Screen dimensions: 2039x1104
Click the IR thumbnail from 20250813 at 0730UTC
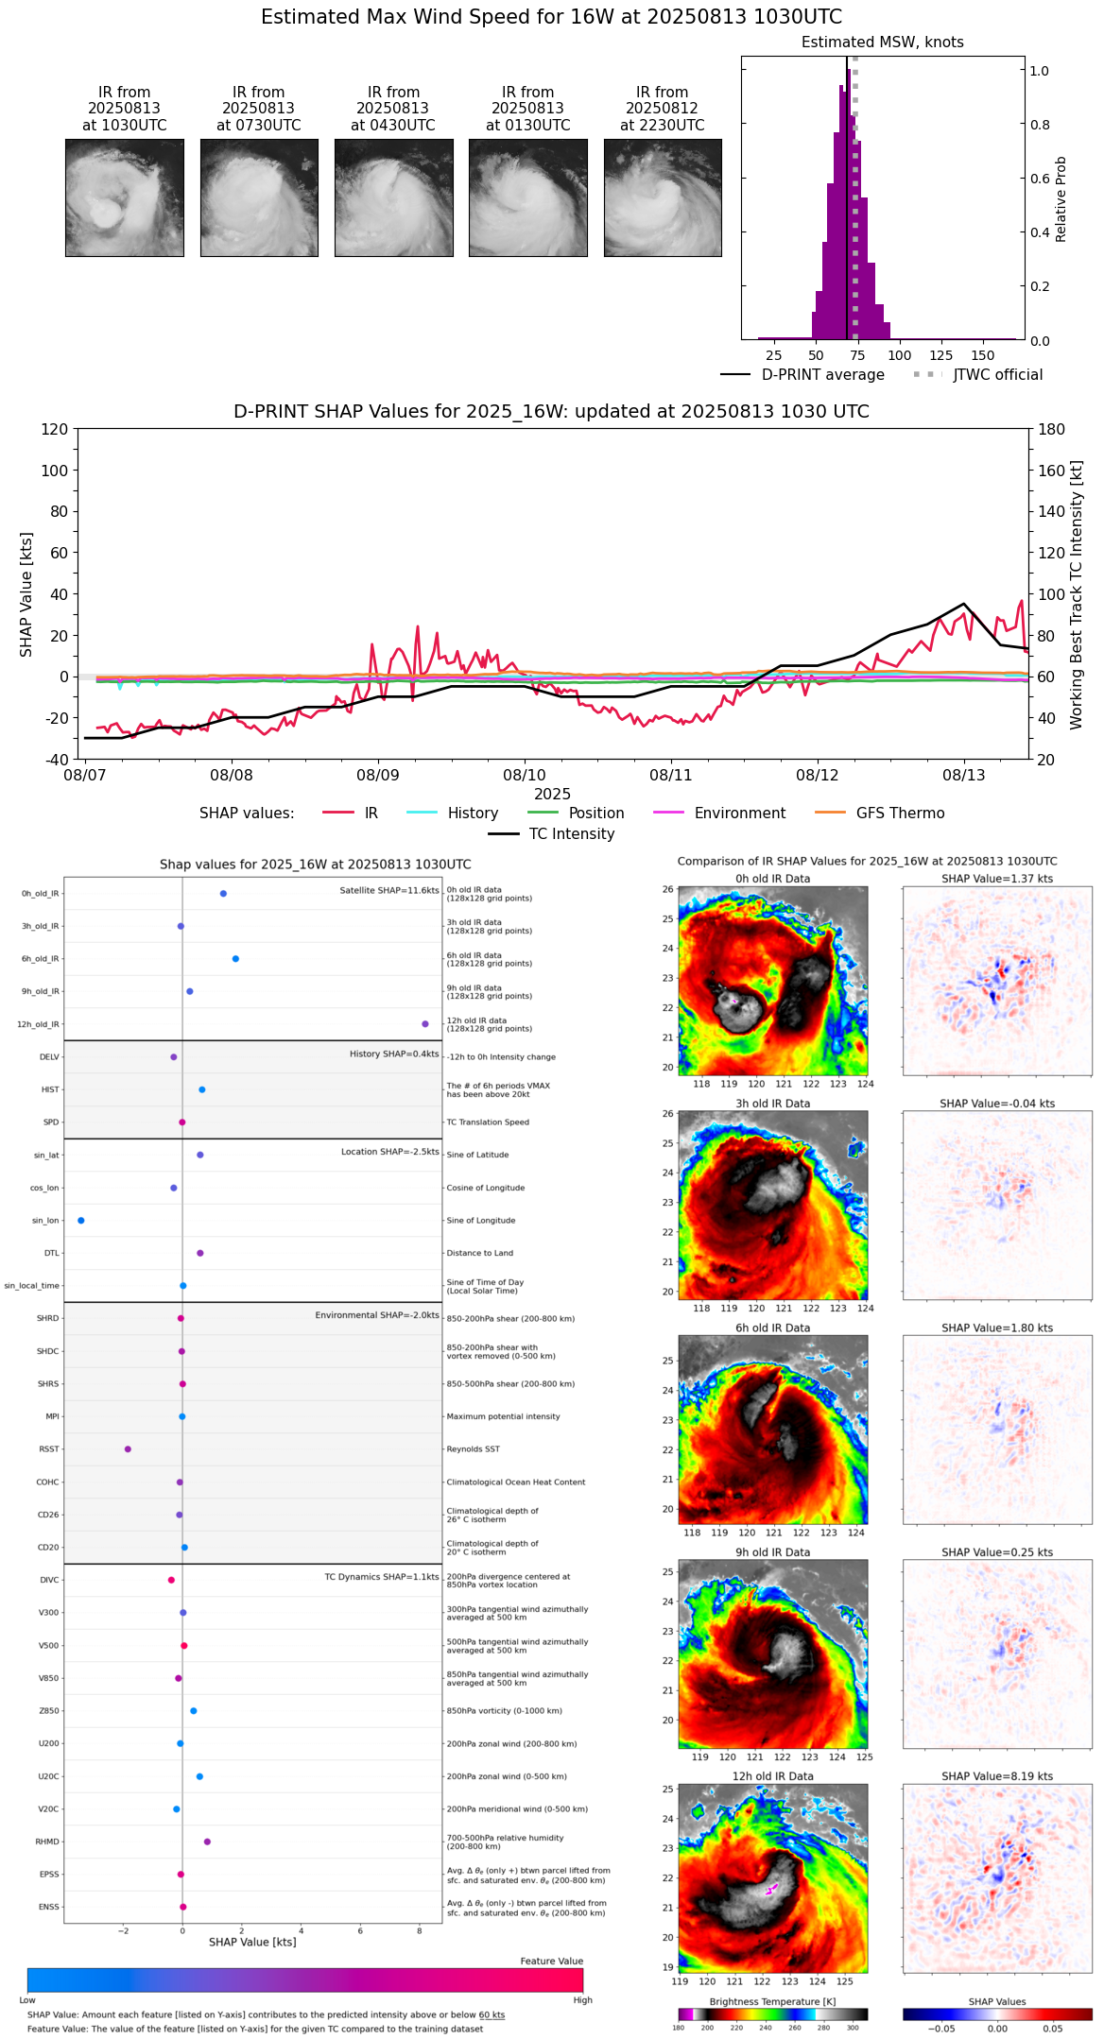(259, 197)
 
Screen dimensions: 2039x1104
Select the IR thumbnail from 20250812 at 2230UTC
(663, 197)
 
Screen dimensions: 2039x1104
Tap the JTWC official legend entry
(997, 375)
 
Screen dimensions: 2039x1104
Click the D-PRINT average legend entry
(822, 375)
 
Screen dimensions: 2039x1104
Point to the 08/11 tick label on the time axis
(670, 776)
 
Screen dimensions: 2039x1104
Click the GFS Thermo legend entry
(900, 814)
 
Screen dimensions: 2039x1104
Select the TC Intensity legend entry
(571, 834)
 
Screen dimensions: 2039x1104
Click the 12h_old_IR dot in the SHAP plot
(425, 1024)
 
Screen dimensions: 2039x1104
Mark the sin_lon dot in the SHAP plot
(81, 1221)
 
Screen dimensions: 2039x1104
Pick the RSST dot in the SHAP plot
(128, 1449)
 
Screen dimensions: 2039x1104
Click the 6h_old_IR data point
(235, 959)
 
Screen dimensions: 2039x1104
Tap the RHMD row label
(47, 1842)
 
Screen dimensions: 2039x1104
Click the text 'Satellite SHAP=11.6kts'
(389, 891)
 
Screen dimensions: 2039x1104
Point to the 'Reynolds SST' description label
(473, 1449)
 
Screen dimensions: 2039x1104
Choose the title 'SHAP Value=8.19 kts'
(997, 1776)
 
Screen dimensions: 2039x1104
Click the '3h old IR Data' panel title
(772, 1104)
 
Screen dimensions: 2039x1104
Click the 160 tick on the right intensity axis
(1051, 471)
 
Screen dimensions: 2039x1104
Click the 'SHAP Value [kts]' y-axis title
(26, 594)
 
